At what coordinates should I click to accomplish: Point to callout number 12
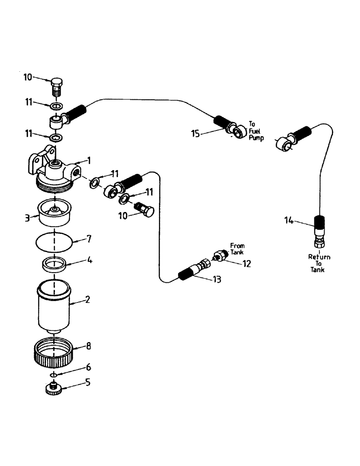click(246, 264)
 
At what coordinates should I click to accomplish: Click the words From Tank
click(237, 249)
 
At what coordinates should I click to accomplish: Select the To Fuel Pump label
click(256, 131)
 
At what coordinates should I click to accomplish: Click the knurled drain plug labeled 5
click(54, 388)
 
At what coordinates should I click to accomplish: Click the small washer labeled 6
click(55, 375)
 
